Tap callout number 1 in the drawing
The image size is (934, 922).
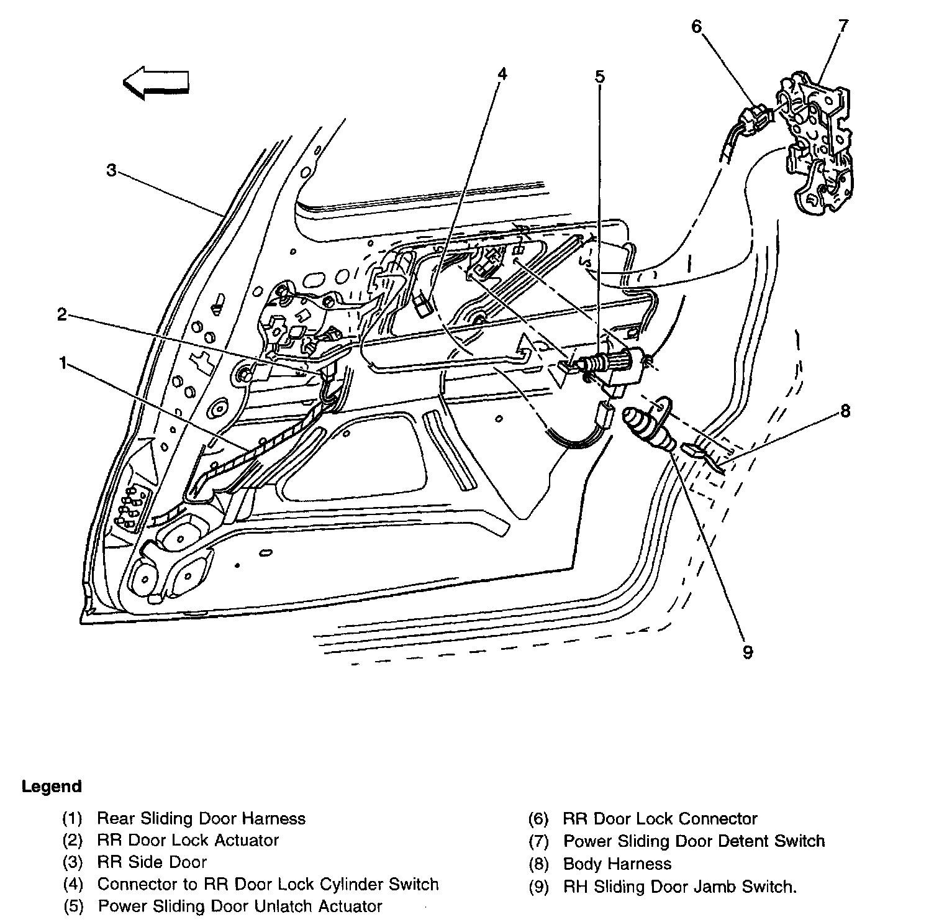[62, 362]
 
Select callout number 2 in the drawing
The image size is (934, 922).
[61, 315]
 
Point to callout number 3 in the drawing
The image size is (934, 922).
[111, 170]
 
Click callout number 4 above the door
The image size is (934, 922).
[502, 74]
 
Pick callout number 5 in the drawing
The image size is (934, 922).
[599, 77]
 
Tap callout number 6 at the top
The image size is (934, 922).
[696, 27]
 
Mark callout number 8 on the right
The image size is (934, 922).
[845, 411]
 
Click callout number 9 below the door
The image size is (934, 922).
[748, 652]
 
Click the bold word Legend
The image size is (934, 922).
[52, 787]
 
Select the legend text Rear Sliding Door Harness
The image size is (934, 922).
[201, 818]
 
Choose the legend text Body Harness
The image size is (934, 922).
[617, 864]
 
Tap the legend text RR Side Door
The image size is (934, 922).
[152, 862]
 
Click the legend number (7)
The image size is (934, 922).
[538, 841]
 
